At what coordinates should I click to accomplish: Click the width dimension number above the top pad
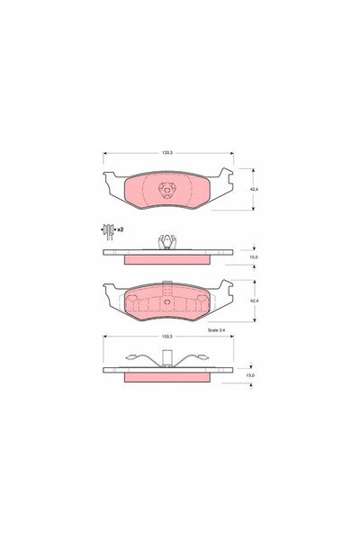pyautogui.click(x=167, y=154)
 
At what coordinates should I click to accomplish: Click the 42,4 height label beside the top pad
pyautogui.click(x=256, y=190)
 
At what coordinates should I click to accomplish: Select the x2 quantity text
pyautogui.click(x=119, y=230)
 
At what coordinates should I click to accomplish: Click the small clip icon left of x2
pyautogui.click(x=107, y=231)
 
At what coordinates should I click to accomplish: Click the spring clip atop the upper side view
pyautogui.click(x=167, y=241)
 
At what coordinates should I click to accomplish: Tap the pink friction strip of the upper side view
pyautogui.click(x=167, y=259)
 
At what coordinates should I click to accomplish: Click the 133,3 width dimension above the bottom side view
pyautogui.click(x=167, y=338)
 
